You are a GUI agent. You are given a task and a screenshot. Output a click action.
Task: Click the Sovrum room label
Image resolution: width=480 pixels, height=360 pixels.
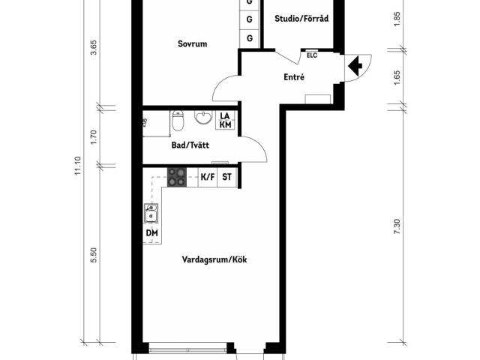click(x=192, y=44)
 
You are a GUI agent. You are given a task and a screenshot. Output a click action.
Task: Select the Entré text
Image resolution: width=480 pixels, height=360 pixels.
click(x=294, y=77)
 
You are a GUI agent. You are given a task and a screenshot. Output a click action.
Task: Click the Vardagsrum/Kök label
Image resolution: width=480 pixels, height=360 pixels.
click(x=214, y=261)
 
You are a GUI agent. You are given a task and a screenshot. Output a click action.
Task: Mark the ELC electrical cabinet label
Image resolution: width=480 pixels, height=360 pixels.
click(x=311, y=55)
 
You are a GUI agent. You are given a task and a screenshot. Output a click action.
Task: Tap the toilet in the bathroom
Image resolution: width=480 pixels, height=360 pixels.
click(x=178, y=120)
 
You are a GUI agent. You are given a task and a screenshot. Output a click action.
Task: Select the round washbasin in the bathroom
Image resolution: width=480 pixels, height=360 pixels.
click(x=202, y=118)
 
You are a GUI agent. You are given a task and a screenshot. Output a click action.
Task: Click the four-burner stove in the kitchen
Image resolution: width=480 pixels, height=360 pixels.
click(x=177, y=178)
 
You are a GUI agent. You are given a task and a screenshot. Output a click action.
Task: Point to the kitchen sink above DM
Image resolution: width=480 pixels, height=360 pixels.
click(x=151, y=214)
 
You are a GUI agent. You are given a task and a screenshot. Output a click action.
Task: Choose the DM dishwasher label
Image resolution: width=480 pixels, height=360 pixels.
click(x=151, y=234)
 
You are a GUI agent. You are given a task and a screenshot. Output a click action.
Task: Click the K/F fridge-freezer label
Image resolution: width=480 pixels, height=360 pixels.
click(x=207, y=178)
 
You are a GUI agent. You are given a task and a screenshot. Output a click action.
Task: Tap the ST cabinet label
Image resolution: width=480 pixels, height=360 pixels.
click(x=226, y=178)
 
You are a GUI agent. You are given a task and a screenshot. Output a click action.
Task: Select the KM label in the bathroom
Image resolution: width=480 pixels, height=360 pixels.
click(x=226, y=125)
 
